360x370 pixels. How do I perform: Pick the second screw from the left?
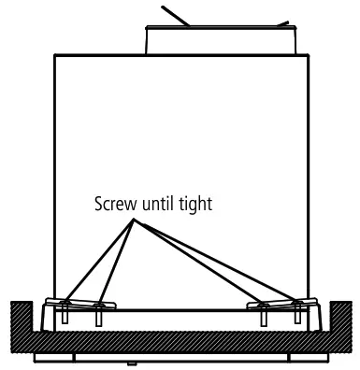[98, 317]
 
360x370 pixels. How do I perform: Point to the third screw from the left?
[262, 317]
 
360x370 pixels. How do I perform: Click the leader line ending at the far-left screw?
[97, 261]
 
